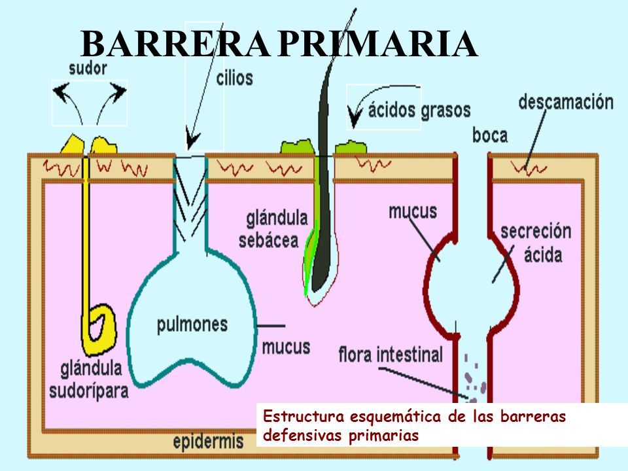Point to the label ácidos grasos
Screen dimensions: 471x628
pyautogui.click(x=419, y=109)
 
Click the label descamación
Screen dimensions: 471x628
pyautogui.click(x=566, y=102)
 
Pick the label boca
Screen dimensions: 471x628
pyautogui.click(x=490, y=135)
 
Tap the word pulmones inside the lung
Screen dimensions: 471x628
pyautogui.click(x=192, y=324)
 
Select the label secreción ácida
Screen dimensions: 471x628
pyautogui.click(x=536, y=242)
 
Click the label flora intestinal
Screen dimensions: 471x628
pyautogui.click(x=391, y=356)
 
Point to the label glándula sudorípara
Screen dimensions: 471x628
pyautogui.click(x=89, y=379)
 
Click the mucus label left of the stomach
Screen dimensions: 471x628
pyautogui.click(x=412, y=211)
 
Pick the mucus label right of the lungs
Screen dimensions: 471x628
pyautogui.click(x=286, y=346)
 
